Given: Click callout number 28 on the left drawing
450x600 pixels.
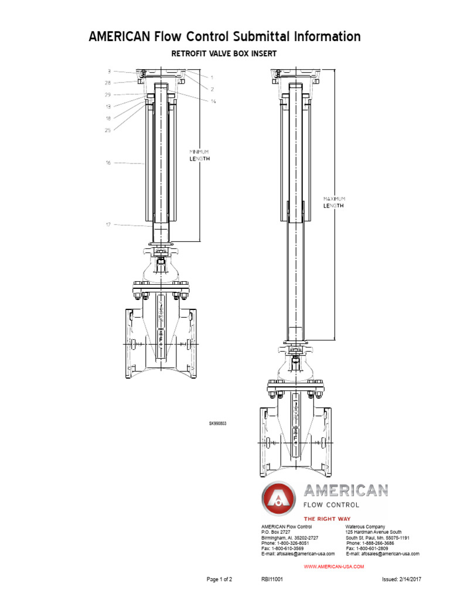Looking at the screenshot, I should (108, 83).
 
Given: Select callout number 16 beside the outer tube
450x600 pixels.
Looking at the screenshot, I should (108, 163).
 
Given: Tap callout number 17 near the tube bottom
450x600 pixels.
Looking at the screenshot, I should (108, 224).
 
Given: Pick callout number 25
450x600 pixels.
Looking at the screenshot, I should (108, 130).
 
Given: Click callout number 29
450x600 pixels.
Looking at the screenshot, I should (108, 95).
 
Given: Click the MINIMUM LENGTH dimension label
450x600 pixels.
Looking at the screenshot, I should (199, 155).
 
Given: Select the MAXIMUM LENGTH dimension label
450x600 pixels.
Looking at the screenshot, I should (334, 202).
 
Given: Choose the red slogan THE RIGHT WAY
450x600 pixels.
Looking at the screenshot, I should (325, 519).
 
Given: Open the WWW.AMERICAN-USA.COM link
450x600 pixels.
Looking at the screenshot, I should (334, 567).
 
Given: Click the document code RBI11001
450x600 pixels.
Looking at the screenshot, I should (272, 579).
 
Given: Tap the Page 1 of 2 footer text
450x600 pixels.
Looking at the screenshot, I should (220, 579).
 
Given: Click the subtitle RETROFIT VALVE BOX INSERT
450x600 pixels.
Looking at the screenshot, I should (224, 53).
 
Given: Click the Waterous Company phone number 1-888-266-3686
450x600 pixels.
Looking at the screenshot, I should (380, 543).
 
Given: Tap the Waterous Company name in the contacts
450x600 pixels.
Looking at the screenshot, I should (365, 527).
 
